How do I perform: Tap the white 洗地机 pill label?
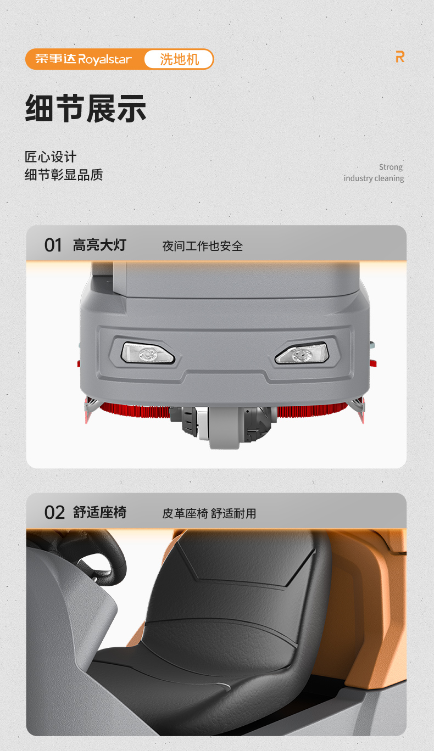pos(179,59)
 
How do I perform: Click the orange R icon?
pos(400,57)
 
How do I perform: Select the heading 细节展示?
pos(86,108)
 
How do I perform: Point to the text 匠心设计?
pos(51,157)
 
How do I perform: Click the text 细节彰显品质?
pos(64,175)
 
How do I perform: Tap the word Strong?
pos(391,167)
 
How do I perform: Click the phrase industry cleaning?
pos(374,178)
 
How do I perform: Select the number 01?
pos(53,245)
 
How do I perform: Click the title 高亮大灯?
pos(99,245)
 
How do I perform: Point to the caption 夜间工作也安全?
pos(202,246)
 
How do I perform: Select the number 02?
pos(54,513)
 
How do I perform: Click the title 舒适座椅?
pos(99,513)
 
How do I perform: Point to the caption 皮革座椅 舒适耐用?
pos(209,513)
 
